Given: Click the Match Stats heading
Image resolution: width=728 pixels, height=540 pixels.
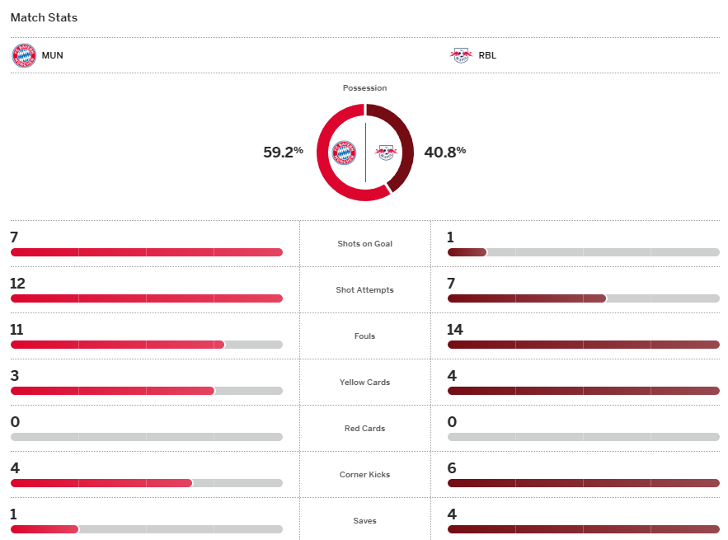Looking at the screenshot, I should point(44,17).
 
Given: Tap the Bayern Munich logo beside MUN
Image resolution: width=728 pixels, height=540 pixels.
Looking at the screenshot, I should point(24,55).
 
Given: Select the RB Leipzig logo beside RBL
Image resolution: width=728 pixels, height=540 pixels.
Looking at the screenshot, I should point(460,55).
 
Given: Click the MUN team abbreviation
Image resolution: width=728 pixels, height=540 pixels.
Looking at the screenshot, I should point(53,56).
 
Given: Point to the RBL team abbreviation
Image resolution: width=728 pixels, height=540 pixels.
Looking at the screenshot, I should point(487,56).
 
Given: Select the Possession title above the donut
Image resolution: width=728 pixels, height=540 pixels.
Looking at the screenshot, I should point(364,88).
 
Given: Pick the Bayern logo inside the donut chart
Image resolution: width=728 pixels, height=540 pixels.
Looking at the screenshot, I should point(344,153).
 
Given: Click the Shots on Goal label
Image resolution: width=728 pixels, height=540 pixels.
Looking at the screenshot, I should point(364,244).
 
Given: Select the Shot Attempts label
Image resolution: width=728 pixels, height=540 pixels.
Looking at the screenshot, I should point(364,290).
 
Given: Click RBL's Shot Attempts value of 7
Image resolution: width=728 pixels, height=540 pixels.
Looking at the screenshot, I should point(451,284).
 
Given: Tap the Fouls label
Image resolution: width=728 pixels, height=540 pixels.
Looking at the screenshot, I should point(364,336).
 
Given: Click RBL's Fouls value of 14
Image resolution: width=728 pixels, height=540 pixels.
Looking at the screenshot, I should point(455,330).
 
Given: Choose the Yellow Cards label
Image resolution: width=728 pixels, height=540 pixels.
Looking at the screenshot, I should point(364,383).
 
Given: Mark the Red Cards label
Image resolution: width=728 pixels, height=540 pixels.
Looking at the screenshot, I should point(364,429).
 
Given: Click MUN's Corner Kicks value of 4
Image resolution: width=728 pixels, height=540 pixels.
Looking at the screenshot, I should point(15,468).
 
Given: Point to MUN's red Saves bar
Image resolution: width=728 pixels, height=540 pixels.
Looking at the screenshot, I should point(45,529).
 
